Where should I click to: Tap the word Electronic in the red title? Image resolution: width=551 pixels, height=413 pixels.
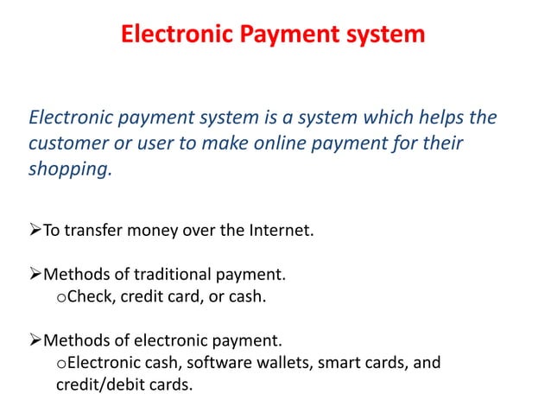tap(175, 35)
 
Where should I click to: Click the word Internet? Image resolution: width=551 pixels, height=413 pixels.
tap(278, 231)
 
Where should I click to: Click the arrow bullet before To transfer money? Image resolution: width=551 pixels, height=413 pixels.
tap(35, 231)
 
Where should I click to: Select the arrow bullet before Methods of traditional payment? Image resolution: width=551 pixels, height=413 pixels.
tap(35, 276)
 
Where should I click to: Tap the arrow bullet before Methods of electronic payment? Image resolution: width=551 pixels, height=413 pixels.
tap(35, 340)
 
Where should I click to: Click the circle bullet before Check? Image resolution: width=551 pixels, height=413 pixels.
tap(60, 299)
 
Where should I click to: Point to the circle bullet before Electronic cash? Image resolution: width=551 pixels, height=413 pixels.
tap(60, 364)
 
